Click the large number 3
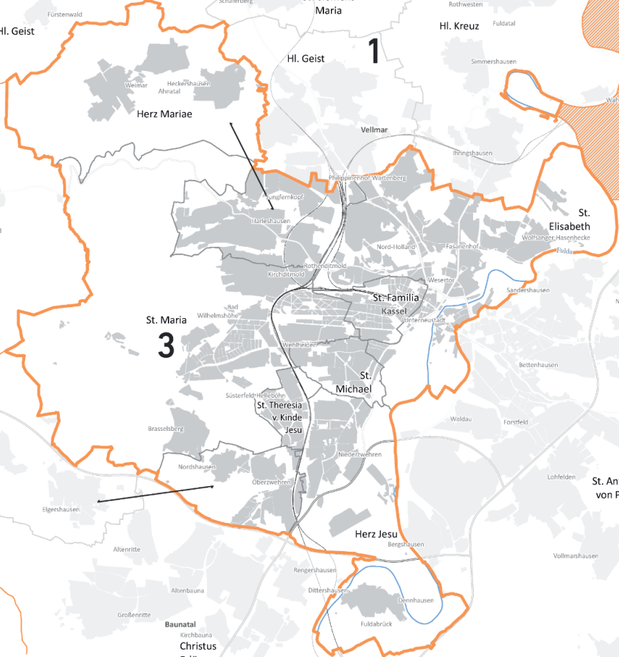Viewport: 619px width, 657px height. tap(166, 346)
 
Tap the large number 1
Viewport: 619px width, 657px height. tap(374, 52)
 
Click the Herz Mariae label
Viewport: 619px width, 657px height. tap(164, 114)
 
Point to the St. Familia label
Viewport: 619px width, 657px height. tap(396, 298)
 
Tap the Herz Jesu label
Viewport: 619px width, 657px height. tap(376, 534)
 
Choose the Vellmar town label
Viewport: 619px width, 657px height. tap(375, 130)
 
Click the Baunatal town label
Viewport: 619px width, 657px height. tap(181, 624)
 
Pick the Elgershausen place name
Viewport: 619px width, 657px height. tap(60, 508)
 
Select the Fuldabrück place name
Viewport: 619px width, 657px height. tap(375, 625)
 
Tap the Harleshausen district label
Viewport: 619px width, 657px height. tap(270, 221)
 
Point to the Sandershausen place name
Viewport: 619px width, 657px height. tap(528, 290)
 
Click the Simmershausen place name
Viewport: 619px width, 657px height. tap(494, 62)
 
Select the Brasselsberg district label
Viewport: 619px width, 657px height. tap(165, 428)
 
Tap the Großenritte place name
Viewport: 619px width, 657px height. tap(134, 614)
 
